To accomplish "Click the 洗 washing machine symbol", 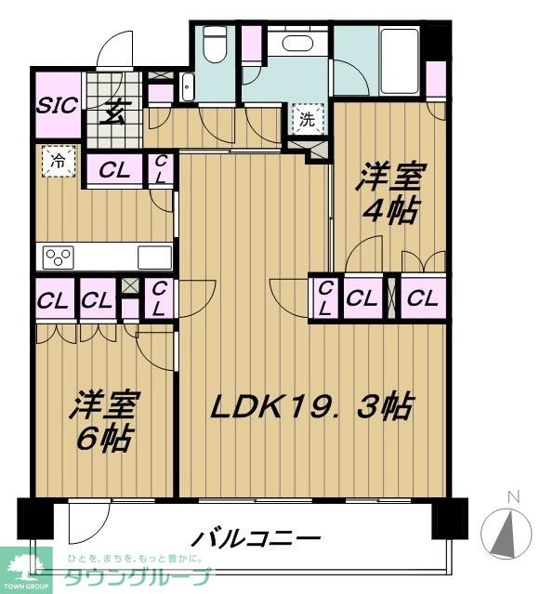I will [306, 120].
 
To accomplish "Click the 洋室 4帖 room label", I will [388, 193].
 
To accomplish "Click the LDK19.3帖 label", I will [310, 407].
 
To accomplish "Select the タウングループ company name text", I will [136, 578].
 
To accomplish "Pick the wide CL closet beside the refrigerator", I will [115, 170].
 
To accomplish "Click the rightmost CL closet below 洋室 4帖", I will [422, 298].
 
